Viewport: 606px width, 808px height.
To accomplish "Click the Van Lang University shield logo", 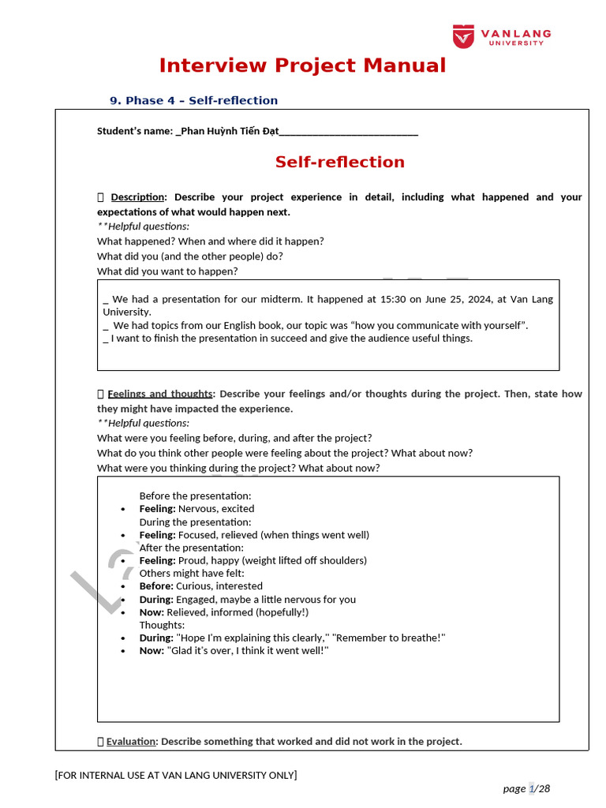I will (463, 36).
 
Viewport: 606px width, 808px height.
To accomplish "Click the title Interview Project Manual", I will (302, 65).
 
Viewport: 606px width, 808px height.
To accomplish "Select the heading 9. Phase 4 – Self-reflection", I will (193, 100).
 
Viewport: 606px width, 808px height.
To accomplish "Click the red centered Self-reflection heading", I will (339, 162).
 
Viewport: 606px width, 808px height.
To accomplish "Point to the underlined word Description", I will (137, 197).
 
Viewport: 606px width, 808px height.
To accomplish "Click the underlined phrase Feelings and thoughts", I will (159, 394).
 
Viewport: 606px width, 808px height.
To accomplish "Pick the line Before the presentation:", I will (195, 496).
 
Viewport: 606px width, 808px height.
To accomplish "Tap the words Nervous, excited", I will (216, 509).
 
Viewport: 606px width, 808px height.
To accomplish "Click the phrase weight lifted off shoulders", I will (304, 560).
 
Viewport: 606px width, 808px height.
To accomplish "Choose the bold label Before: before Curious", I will (156, 586).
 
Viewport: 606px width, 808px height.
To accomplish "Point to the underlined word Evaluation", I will (132, 742).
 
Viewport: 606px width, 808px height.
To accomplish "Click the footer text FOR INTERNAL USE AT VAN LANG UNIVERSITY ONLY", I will (176, 775).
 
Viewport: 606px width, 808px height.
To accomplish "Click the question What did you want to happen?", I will (167, 271).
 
